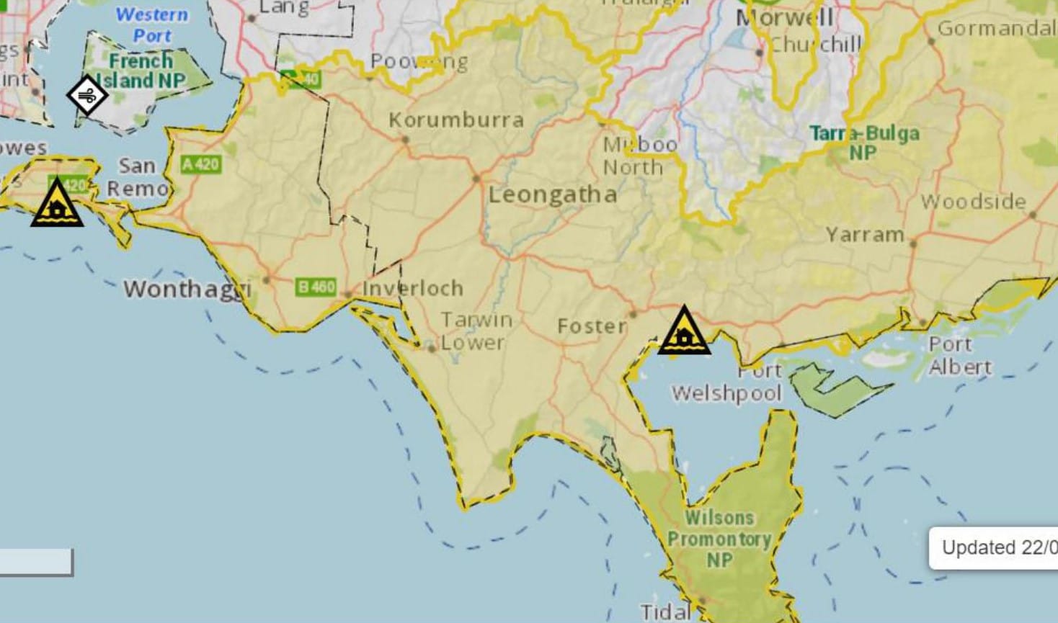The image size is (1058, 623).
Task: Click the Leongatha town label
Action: point(553,194)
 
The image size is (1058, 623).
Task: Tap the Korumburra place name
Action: point(456,120)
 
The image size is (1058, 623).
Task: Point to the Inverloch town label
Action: point(413,288)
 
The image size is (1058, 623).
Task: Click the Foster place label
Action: point(592,326)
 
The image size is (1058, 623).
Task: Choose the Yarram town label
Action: point(865,235)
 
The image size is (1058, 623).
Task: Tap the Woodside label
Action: point(973,202)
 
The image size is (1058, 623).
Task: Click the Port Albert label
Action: point(959,356)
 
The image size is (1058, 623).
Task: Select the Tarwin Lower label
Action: point(476,331)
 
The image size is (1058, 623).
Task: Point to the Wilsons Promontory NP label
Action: point(719,538)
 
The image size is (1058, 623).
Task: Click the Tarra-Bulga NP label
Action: point(864,143)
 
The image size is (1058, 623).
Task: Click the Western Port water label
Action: point(152,24)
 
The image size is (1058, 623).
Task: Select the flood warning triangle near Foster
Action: point(684,332)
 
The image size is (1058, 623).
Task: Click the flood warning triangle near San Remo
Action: point(57,205)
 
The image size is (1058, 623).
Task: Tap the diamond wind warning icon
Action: point(87,94)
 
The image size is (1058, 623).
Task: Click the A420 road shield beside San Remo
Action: point(200,164)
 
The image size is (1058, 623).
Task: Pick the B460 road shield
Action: point(316,287)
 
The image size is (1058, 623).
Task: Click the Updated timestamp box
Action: point(995,548)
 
